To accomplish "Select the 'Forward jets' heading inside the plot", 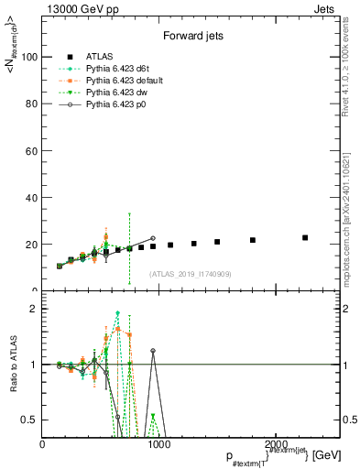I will (x=188, y=38).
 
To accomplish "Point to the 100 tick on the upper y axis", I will (x=31, y=57).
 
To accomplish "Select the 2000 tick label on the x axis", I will (x=272, y=443).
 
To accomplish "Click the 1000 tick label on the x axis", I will (x=158, y=443).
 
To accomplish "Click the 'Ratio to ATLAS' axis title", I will (x=12, y=364).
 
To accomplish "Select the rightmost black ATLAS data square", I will (x=305, y=237).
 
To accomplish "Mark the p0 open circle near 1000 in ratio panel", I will (x=153, y=351).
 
